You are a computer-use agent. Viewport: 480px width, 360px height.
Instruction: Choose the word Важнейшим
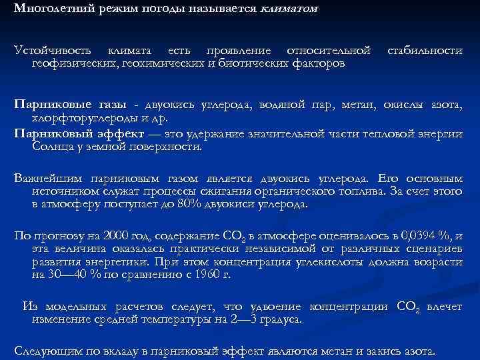45,179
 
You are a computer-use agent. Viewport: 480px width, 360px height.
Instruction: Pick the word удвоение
274,307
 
